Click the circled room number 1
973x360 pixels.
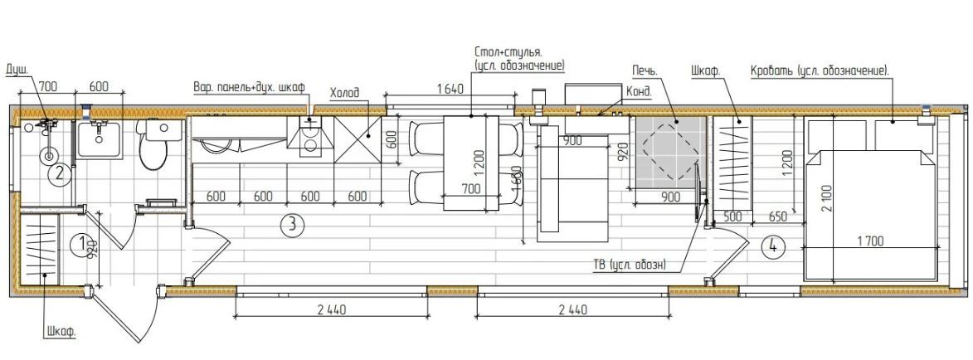80,244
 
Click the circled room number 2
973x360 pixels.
59,173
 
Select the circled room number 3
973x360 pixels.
292,226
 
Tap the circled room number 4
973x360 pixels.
772,246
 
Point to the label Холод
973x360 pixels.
344,93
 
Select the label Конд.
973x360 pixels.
640,92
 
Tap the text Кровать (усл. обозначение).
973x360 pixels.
820,71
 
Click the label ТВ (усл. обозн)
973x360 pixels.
629,265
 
